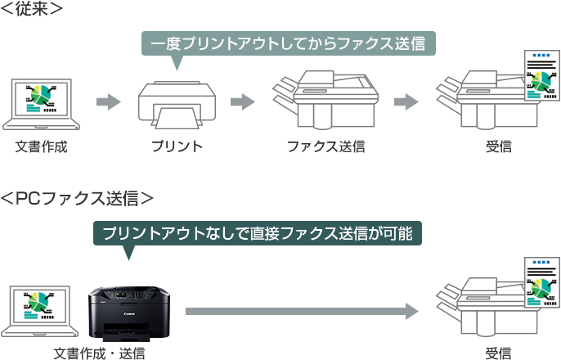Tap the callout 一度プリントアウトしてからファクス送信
pyautogui.click(x=288, y=43)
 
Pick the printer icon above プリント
pyautogui.click(x=177, y=104)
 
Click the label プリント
pyautogui.click(x=177, y=147)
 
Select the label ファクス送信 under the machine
pyautogui.click(x=325, y=147)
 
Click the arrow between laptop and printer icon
pyautogui.click(x=108, y=102)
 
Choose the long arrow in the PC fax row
pyautogui.click(x=303, y=311)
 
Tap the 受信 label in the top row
pyautogui.click(x=498, y=147)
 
